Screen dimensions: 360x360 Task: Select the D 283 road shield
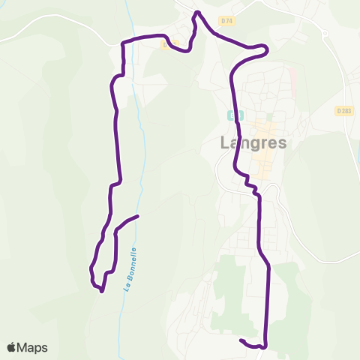click(x=344, y=110)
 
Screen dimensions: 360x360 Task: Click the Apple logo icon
click(x=11, y=347)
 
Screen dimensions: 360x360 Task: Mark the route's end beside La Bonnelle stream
click(x=138, y=217)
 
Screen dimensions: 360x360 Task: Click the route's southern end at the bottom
click(x=241, y=341)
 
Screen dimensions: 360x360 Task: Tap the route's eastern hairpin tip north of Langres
click(x=265, y=49)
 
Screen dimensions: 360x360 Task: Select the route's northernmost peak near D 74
click(x=197, y=13)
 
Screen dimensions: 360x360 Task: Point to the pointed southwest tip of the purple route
click(x=101, y=291)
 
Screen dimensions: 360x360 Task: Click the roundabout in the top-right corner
click(x=325, y=34)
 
